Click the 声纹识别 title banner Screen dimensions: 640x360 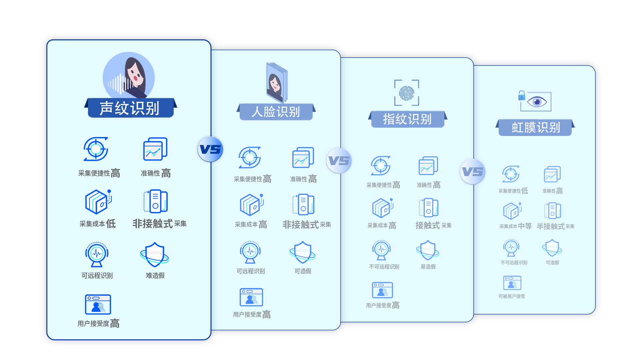(130, 108)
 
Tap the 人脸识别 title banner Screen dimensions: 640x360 (276, 112)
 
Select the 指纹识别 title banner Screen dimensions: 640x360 (408, 119)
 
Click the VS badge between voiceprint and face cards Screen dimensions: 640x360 (210, 149)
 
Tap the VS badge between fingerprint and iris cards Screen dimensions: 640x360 (473, 172)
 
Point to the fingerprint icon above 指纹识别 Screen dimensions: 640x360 (407, 93)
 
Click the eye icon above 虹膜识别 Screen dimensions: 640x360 (536, 101)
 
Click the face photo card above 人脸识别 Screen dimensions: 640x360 (276, 83)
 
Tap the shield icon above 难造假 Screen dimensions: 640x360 (154, 254)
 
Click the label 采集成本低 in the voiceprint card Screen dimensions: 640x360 (98, 224)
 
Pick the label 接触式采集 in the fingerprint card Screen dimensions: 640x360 (433, 225)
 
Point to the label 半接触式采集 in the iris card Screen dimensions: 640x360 (556, 226)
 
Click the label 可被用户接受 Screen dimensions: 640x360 (512, 296)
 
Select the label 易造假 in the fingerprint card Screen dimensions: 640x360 (428, 267)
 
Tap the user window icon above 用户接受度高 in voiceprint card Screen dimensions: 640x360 (98, 304)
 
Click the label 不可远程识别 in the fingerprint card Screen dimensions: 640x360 (384, 267)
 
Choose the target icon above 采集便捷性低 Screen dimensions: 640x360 (511, 174)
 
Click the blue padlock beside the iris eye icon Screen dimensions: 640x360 (522, 96)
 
